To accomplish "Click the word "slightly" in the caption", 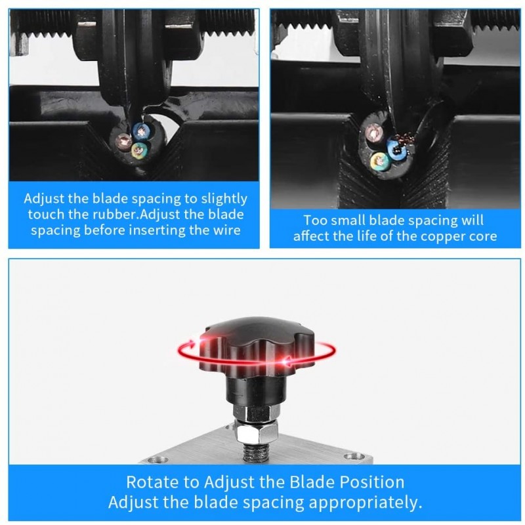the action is (x=224, y=199).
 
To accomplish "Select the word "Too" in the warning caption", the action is (x=314, y=220).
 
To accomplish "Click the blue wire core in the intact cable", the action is (x=141, y=131).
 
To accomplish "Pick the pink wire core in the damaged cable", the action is (x=374, y=133).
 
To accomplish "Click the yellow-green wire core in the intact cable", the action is (x=139, y=151).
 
